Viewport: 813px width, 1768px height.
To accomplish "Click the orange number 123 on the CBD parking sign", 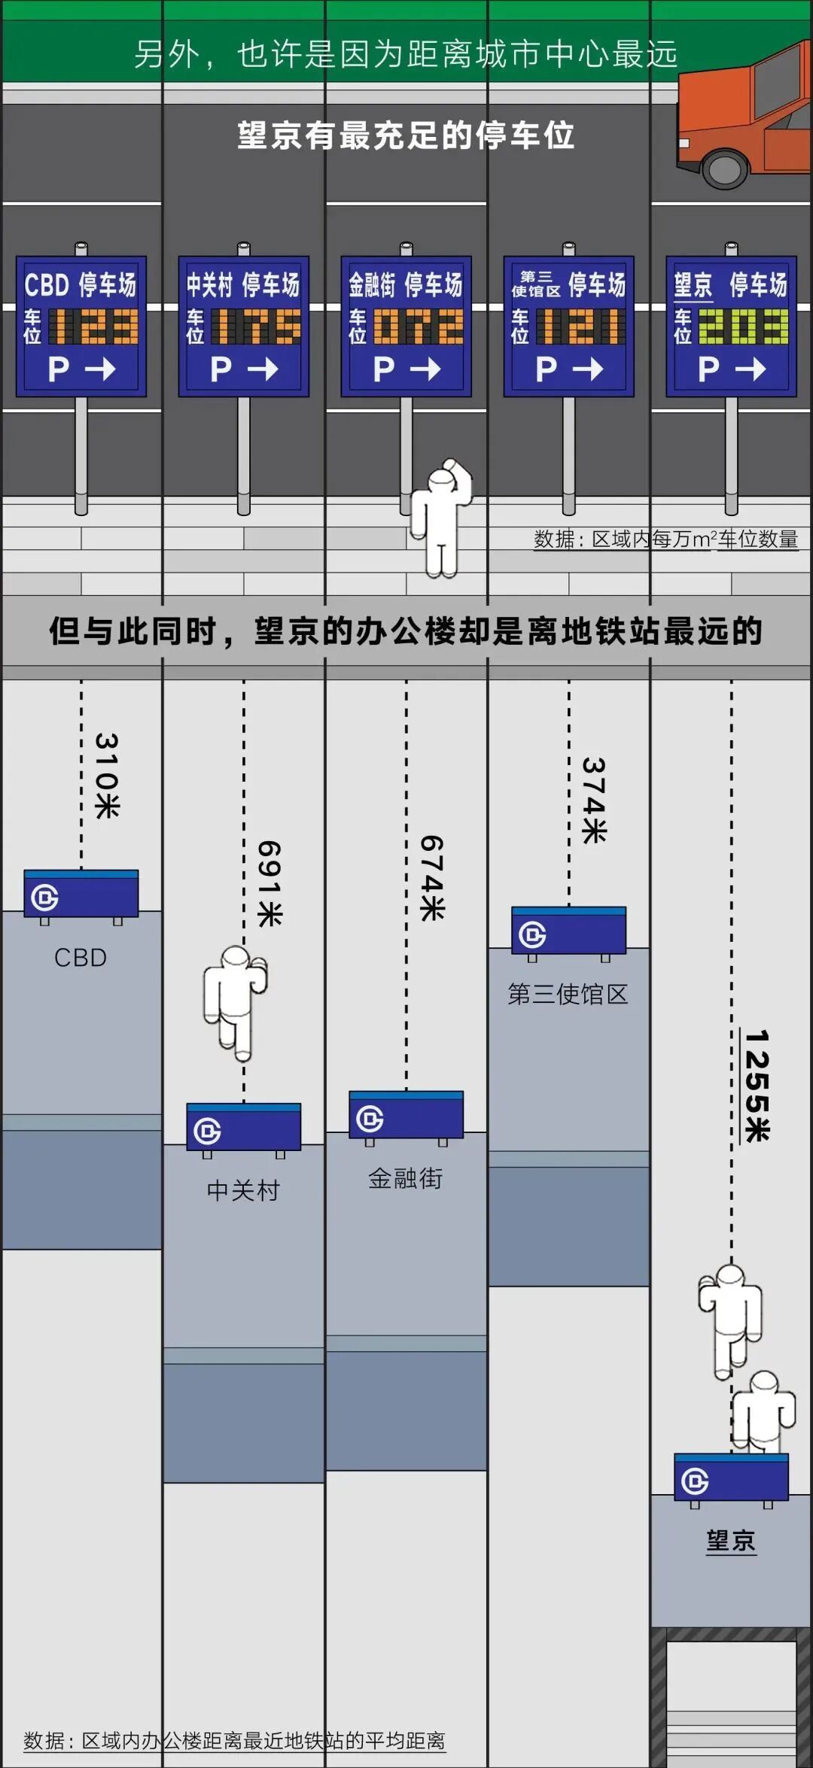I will [x=94, y=327].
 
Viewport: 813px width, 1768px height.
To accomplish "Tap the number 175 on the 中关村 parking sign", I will [x=256, y=327].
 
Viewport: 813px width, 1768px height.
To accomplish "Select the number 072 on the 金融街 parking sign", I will [x=419, y=327].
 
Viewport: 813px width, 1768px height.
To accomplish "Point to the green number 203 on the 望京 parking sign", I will [x=743, y=327].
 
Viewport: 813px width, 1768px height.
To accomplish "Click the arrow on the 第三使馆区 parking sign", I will [x=588, y=369].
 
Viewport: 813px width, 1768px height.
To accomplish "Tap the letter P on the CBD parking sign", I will [x=58, y=369].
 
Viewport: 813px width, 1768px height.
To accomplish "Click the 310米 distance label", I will [x=107, y=776].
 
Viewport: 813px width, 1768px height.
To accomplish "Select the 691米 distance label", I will [x=269, y=883].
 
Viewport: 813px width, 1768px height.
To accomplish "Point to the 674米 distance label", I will [x=432, y=878].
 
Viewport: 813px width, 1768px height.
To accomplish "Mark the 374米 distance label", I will [x=594, y=800].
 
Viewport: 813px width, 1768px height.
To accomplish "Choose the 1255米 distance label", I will [x=757, y=1086].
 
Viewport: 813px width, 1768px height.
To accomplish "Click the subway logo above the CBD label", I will [x=44, y=898].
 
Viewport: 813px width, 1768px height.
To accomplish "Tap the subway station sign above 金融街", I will [x=406, y=1116].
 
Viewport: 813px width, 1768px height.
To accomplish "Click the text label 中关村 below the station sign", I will [x=243, y=1190].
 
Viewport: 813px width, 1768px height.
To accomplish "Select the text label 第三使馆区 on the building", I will [x=568, y=994].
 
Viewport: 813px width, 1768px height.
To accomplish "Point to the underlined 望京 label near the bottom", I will [x=730, y=1540].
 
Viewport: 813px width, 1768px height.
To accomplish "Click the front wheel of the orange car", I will [x=724, y=168].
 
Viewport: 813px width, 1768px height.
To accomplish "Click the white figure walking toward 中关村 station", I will [x=235, y=1001].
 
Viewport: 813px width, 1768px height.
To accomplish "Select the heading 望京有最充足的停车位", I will [x=406, y=135].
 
